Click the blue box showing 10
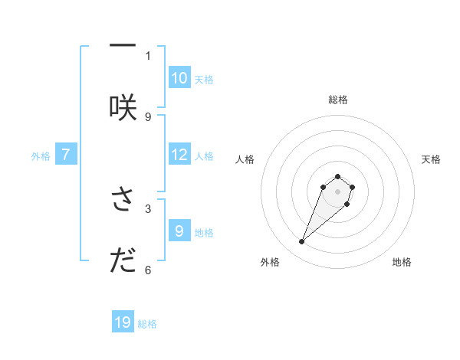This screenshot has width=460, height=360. [179, 77]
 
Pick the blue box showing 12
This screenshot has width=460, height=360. [179, 155]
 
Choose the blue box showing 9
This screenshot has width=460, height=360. [179, 231]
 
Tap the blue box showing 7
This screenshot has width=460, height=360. [66, 155]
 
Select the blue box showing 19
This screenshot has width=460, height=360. [123, 322]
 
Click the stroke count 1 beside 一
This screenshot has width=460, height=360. [148, 55]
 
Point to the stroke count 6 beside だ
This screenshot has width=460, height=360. [148, 270]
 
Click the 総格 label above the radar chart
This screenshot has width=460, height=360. [338, 100]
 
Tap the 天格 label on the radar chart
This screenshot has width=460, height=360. [431, 159]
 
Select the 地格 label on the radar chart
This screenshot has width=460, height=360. [402, 262]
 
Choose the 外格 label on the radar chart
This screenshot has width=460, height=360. [270, 262]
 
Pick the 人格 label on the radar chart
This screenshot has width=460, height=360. [245, 159]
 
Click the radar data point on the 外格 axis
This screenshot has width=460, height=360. [302, 242]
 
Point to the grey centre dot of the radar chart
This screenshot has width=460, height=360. [338, 191]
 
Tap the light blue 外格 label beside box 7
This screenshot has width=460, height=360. [40, 155]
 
